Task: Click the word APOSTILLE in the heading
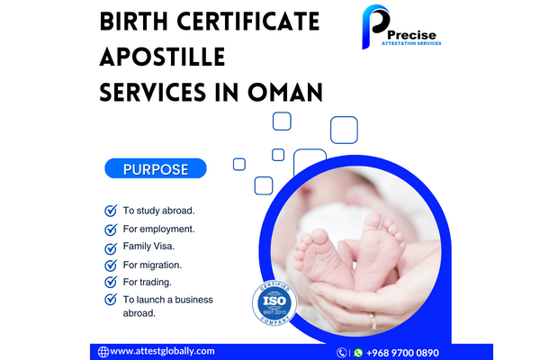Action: coord(162,57)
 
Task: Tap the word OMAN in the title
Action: coord(285,93)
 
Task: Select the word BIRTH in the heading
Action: coord(133,22)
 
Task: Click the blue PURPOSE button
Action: coord(156,168)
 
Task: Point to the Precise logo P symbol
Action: coord(374,26)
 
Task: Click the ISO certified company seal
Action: coord(274,302)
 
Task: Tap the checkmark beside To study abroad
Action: coord(111,210)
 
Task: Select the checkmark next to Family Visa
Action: coord(111,247)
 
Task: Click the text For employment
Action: coord(158,229)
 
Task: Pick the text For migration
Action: coord(152,265)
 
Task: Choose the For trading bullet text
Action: coord(147,282)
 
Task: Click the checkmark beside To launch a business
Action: coord(111,299)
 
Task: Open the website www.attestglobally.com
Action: coord(162,351)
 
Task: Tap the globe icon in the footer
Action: coord(103,352)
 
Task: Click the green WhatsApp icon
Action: coord(358,353)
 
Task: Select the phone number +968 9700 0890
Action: coord(402,353)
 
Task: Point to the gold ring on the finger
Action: coord(373,320)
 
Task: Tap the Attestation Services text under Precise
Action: coord(411,43)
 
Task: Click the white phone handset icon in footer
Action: coord(341,353)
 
